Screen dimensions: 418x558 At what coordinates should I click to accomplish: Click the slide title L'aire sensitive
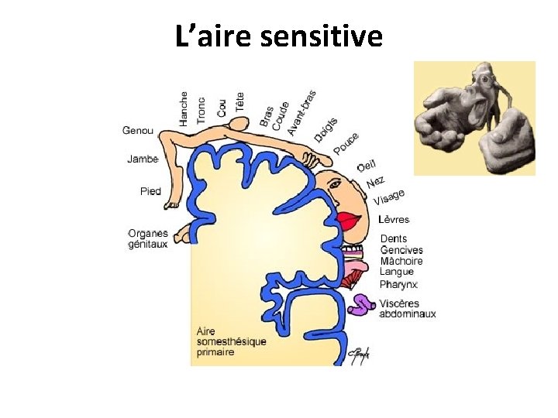tap(279, 36)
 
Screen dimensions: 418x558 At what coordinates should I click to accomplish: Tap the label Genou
tap(138, 130)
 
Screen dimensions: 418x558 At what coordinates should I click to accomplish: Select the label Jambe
tap(143, 159)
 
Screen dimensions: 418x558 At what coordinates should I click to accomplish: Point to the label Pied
tap(150, 191)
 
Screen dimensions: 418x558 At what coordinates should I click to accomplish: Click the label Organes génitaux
tap(148, 238)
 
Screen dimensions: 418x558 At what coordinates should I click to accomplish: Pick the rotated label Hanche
tap(184, 108)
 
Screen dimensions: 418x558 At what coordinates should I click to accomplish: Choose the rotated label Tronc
tap(201, 110)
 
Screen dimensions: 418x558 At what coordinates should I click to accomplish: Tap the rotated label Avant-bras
tap(301, 113)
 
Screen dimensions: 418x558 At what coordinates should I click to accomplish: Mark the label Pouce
tap(346, 143)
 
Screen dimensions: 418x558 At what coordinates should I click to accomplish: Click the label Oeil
tap(367, 166)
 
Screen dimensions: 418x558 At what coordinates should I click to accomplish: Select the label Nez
tap(375, 182)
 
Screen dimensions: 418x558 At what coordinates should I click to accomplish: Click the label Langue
tap(396, 272)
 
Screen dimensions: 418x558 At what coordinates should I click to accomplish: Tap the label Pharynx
tap(399, 284)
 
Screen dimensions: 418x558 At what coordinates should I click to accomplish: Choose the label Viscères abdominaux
tap(408, 309)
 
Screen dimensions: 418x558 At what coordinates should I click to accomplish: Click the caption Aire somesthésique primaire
tap(231, 341)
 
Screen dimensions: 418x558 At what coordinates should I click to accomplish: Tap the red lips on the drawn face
tap(349, 222)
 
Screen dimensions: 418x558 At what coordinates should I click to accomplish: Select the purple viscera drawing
tap(360, 304)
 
